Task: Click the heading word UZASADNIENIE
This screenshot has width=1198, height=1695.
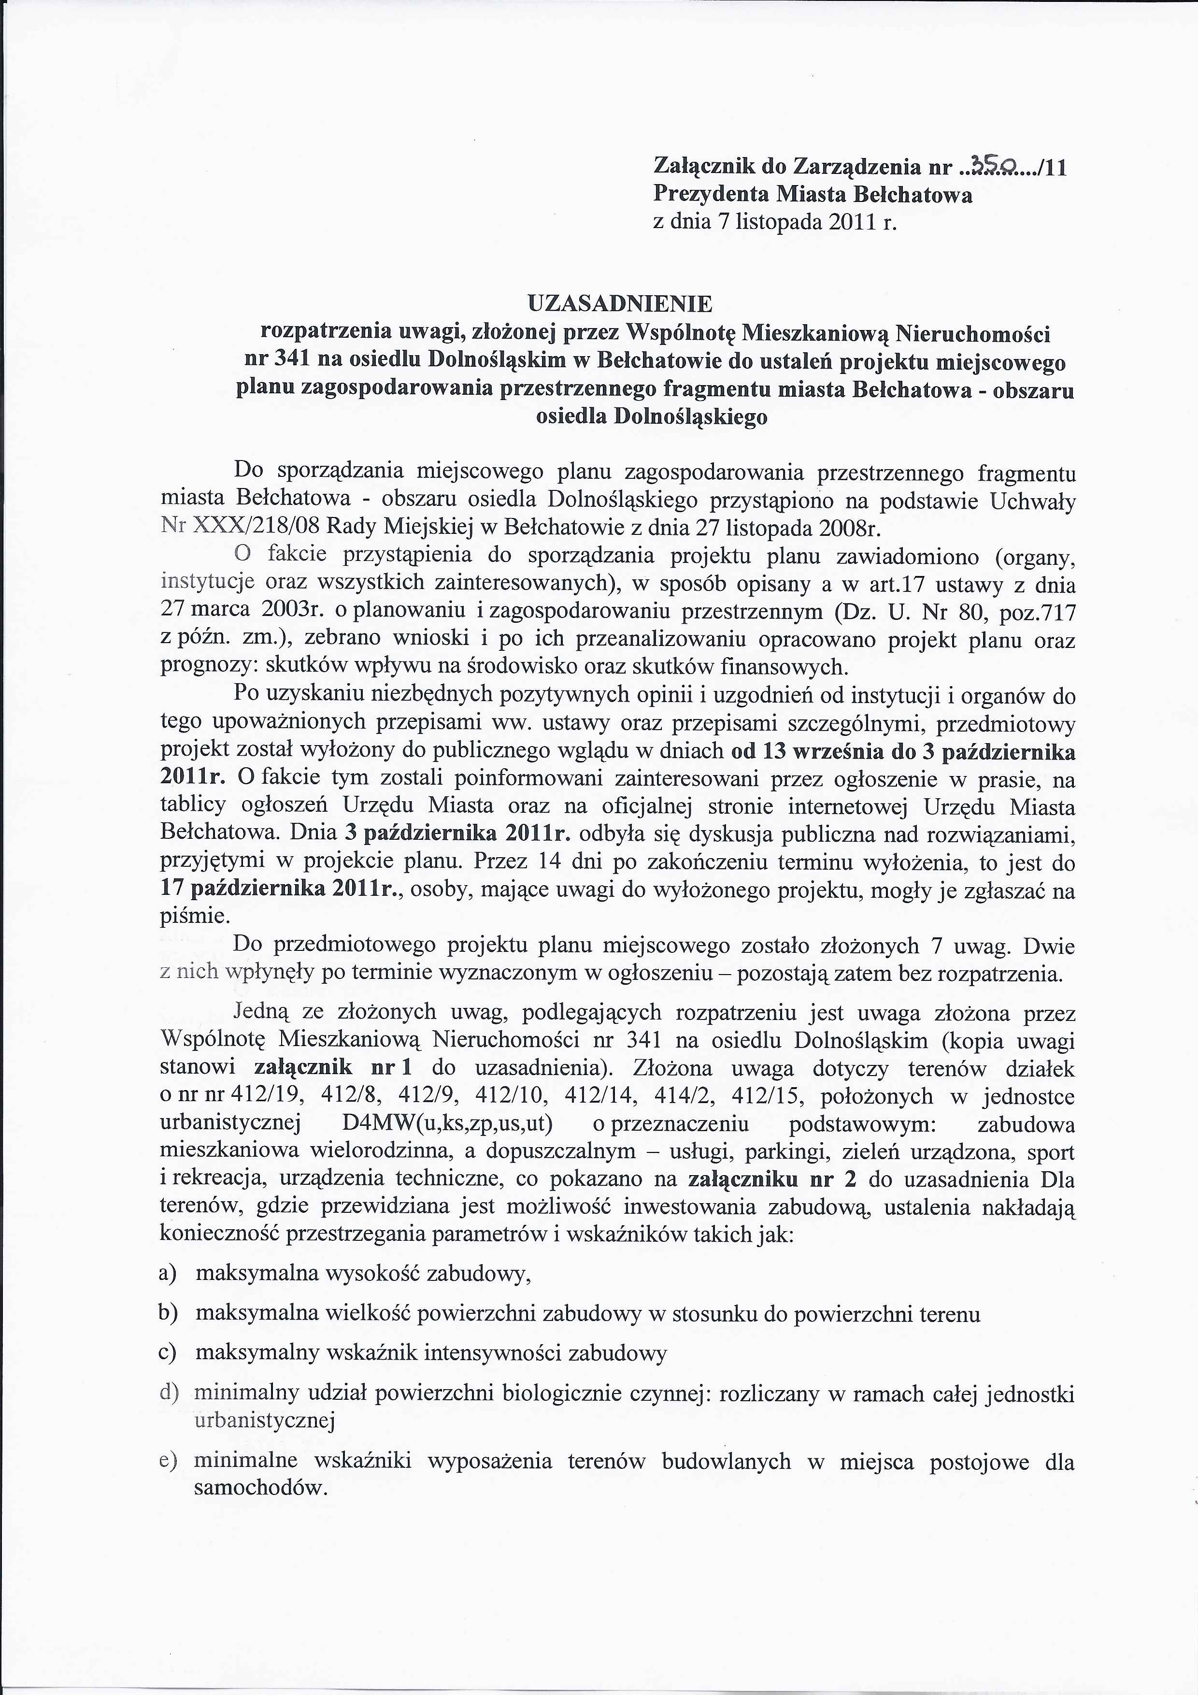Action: tap(620, 303)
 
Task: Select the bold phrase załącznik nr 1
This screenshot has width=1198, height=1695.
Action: tap(332, 1069)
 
